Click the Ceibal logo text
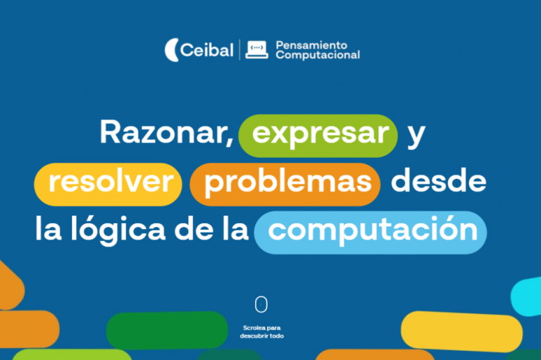tap(206, 50)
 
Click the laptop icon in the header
tap(256, 49)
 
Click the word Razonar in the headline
tap(166, 134)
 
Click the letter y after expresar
tap(417, 135)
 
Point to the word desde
tap(438, 182)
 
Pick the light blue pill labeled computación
tap(371, 230)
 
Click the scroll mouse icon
tap(261, 304)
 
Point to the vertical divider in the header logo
tap(240, 49)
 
